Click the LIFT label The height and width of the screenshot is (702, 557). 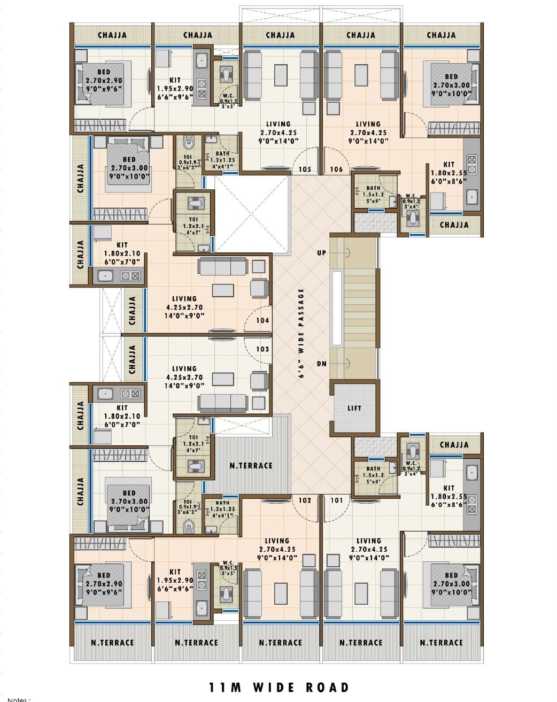[x=354, y=408]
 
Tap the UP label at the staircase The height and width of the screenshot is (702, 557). [x=321, y=252]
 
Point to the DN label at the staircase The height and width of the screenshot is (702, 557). [x=321, y=364]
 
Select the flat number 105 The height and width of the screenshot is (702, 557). [x=305, y=169]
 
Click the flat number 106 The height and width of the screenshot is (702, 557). [x=336, y=169]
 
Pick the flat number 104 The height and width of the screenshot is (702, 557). [x=262, y=321]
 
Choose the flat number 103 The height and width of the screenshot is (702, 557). [x=262, y=349]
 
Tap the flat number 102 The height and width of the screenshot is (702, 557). [x=305, y=500]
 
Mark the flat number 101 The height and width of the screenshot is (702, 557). [x=336, y=500]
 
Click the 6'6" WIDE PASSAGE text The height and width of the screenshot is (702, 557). [x=301, y=334]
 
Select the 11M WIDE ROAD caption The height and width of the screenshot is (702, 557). [x=278, y=687]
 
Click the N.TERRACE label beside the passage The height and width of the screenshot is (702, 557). [x=251, y=466]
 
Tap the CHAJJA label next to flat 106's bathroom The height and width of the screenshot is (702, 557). [x=454, y=225]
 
